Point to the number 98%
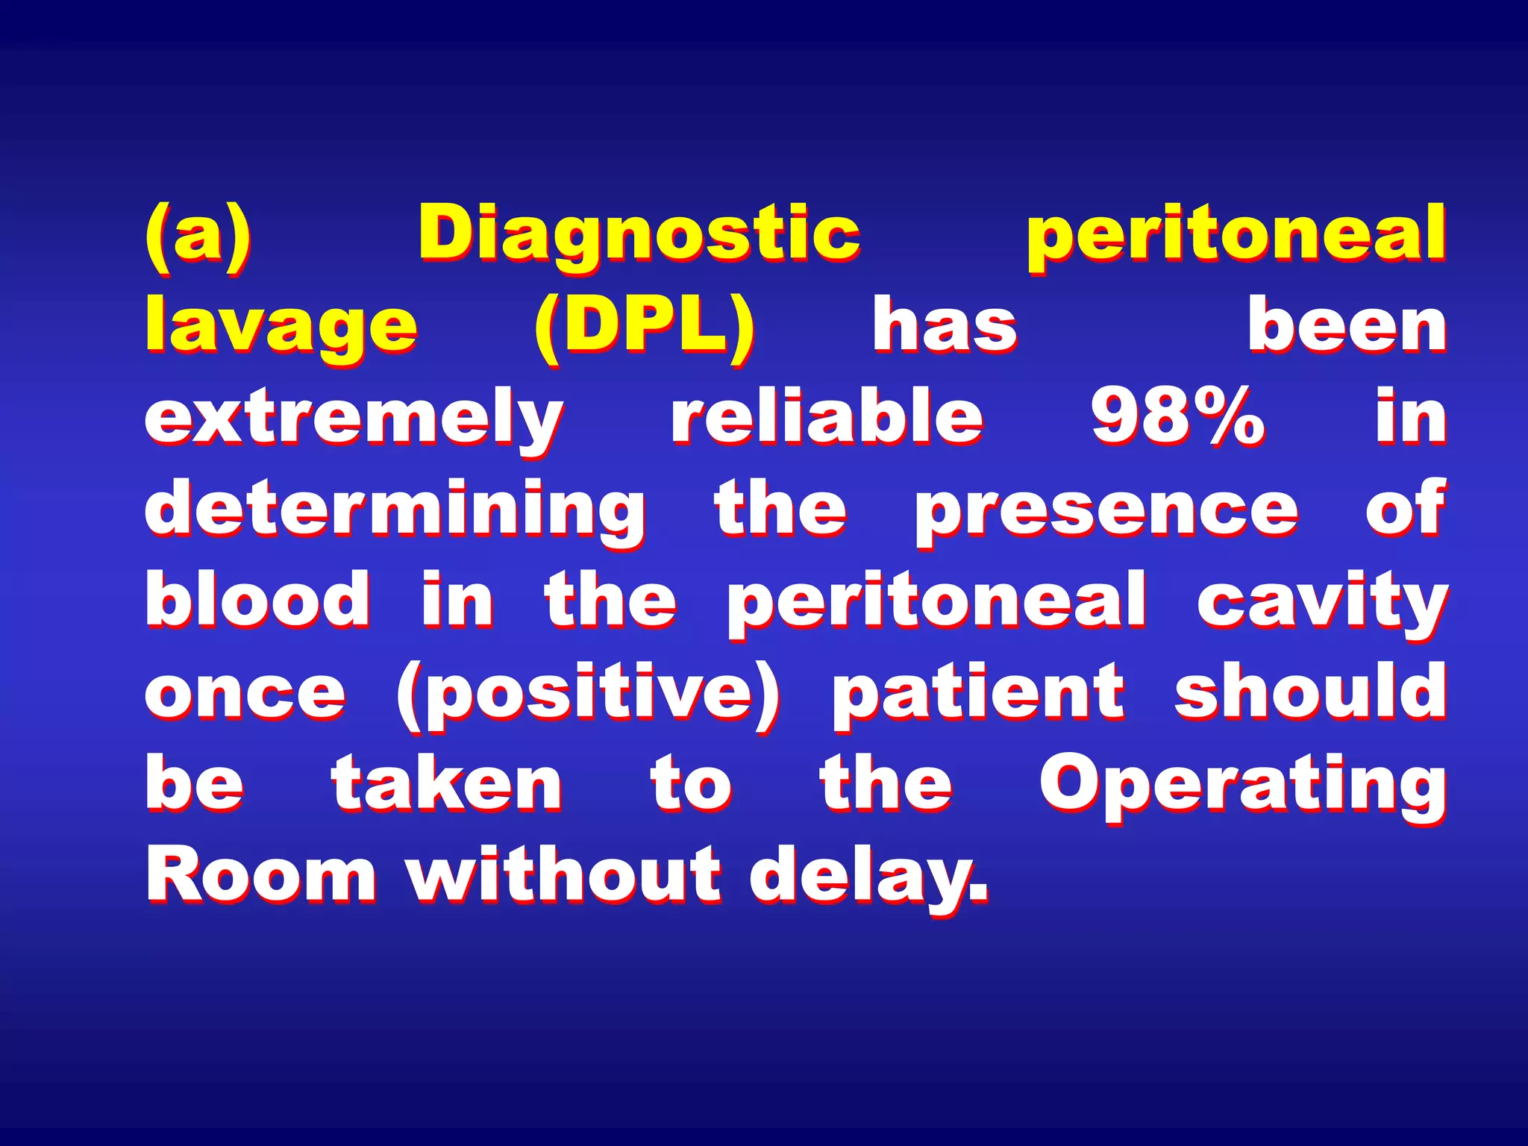pyautogui.click(x=1177, y=418)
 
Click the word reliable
pyautogui.click(x=827, y=418)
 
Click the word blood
pyautogui.click(x=257, y=601)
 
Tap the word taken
pyautogui.click(x=447, y=783)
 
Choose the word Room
pyautogui.click(x=261, y=875)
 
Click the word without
pyautogui.click(x=565, y=875)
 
